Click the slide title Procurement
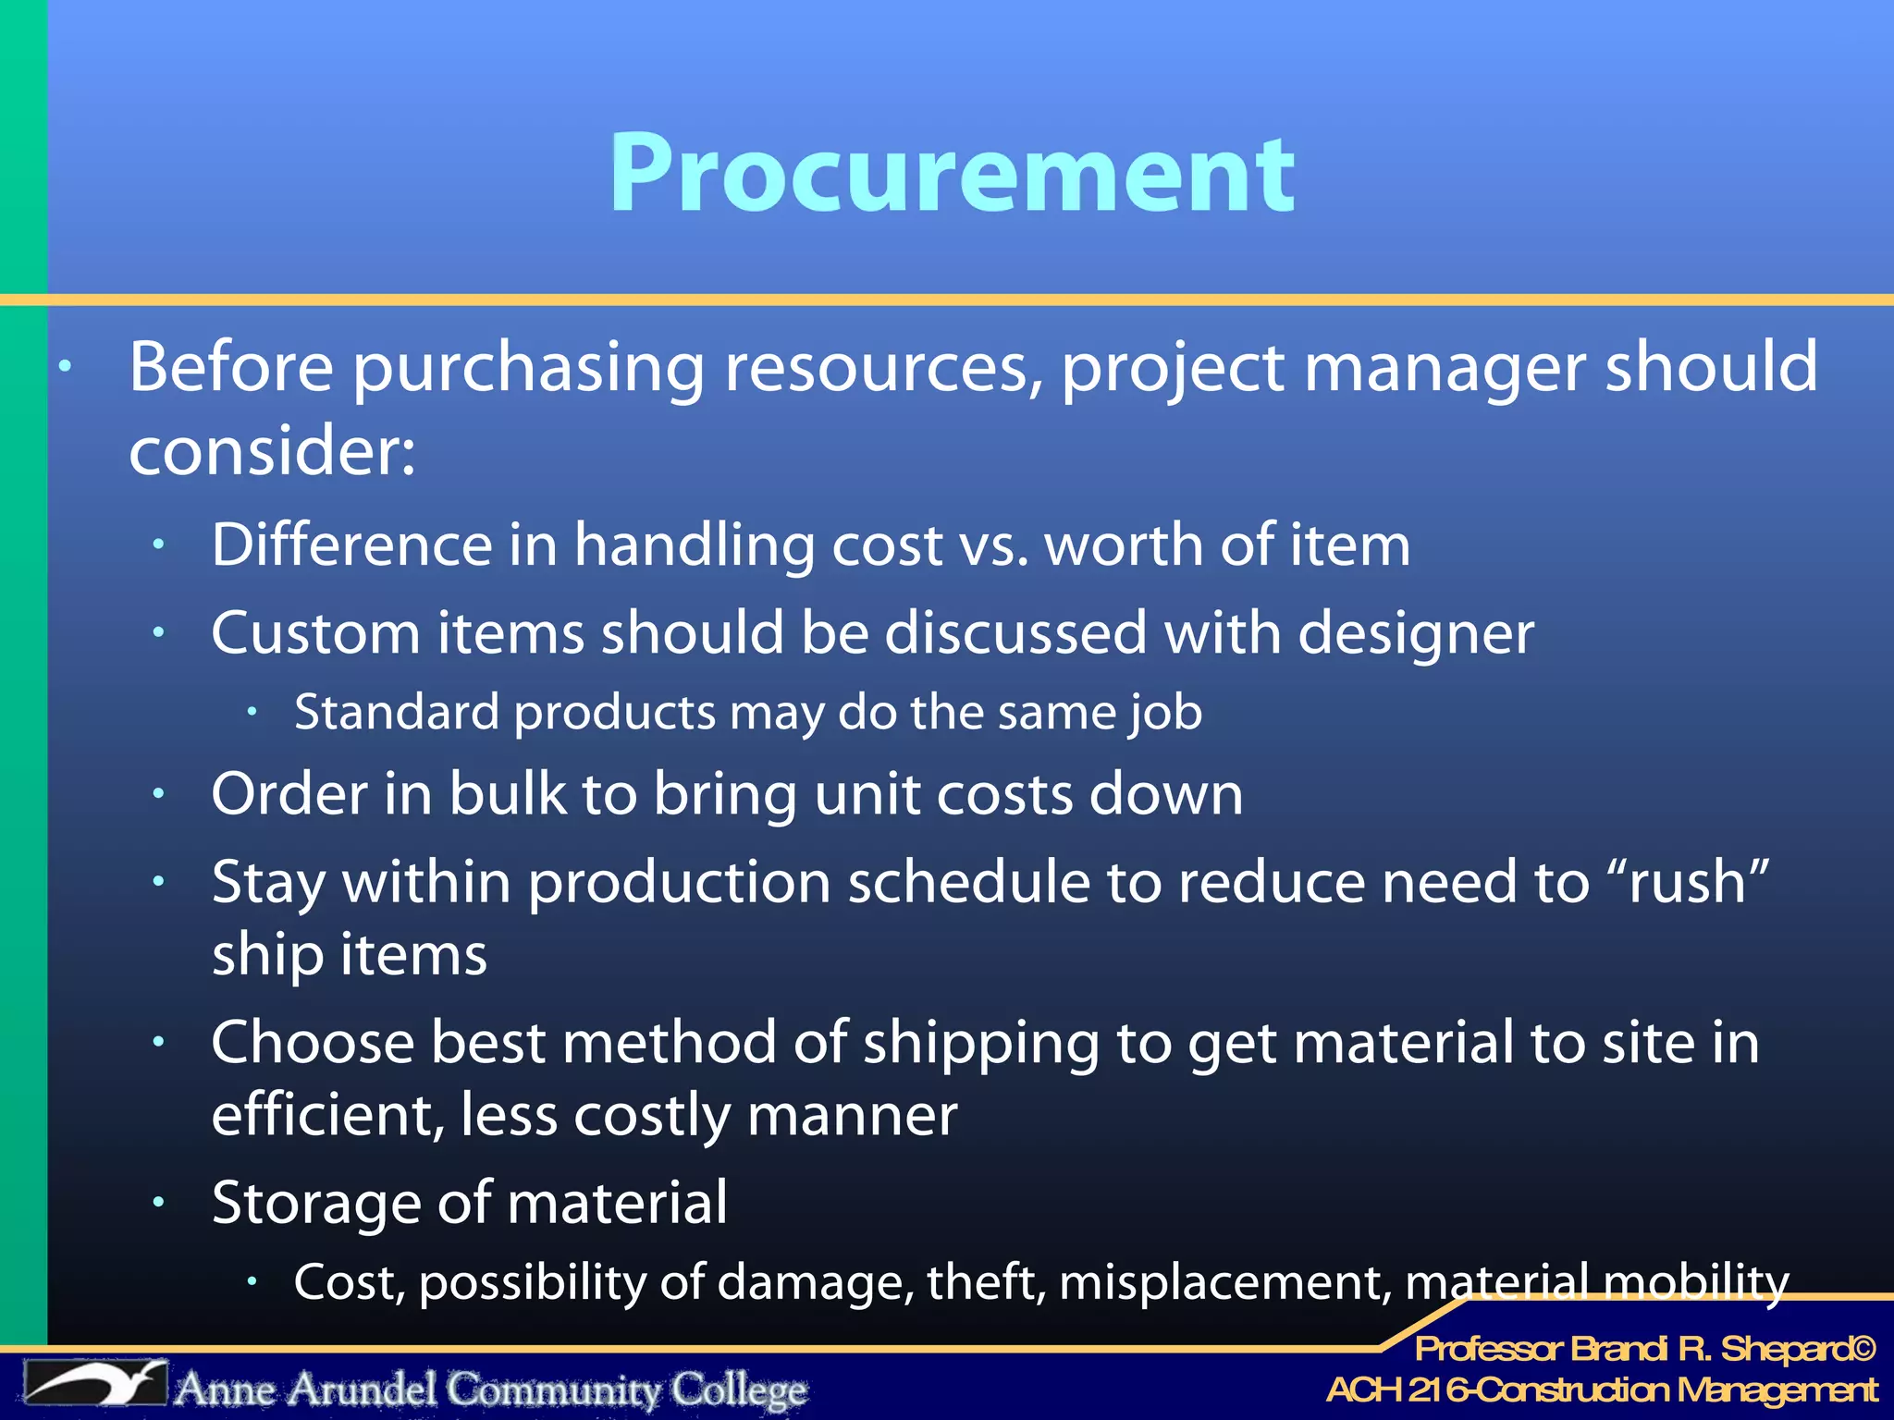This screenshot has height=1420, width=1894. click(x=952, y=173)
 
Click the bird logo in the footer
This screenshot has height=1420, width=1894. click(x=95, y=1384)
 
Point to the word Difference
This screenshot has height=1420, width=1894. click(x=351, y=545)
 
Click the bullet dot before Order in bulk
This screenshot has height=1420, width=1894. click(x=159, y=794)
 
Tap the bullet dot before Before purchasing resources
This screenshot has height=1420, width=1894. click(x=65, y=367)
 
